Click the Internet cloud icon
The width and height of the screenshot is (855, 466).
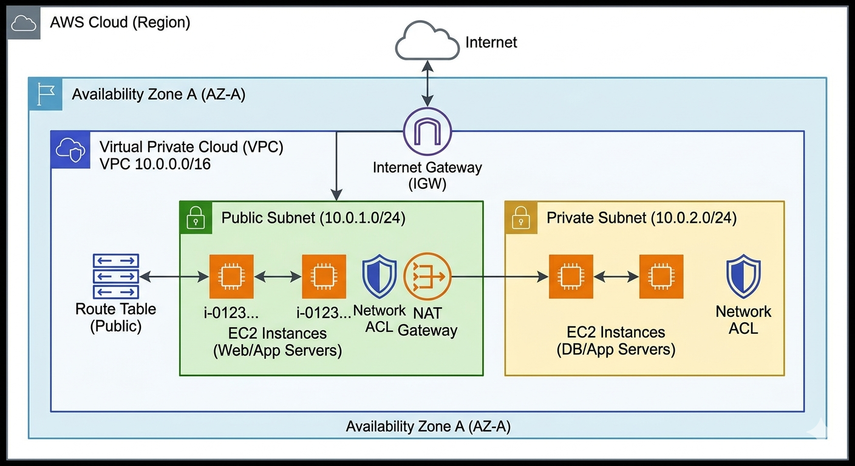click(x=428, y=42)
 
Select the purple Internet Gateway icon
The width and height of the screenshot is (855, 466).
click(x=428, y=131)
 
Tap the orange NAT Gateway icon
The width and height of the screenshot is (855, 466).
click(x=428, y=277)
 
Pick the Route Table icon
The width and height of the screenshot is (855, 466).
click(x=115, y=277)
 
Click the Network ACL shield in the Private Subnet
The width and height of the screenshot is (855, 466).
click(x=743, y=277)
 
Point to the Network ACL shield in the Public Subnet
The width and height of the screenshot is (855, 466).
click(x=380, y=277)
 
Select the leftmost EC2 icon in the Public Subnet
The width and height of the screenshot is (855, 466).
click(x=231, y=277)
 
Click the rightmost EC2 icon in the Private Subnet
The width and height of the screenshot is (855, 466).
click(x=661, y=277)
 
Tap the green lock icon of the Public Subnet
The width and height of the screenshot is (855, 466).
click(x=196, y=217)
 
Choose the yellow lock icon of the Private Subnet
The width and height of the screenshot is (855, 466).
click(x=521, y=217)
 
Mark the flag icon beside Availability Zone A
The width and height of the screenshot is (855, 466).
click(x=46, y=94)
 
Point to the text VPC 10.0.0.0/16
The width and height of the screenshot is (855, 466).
click(x=155, y=164)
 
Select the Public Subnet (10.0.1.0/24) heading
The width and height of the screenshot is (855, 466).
click(x=313, y=218)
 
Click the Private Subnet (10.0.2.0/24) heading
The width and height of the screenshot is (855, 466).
click(x=642, y=218)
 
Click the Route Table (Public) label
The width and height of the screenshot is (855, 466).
click(x=115, y=317)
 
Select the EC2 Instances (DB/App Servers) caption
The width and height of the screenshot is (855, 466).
click(x=616, y=341)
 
